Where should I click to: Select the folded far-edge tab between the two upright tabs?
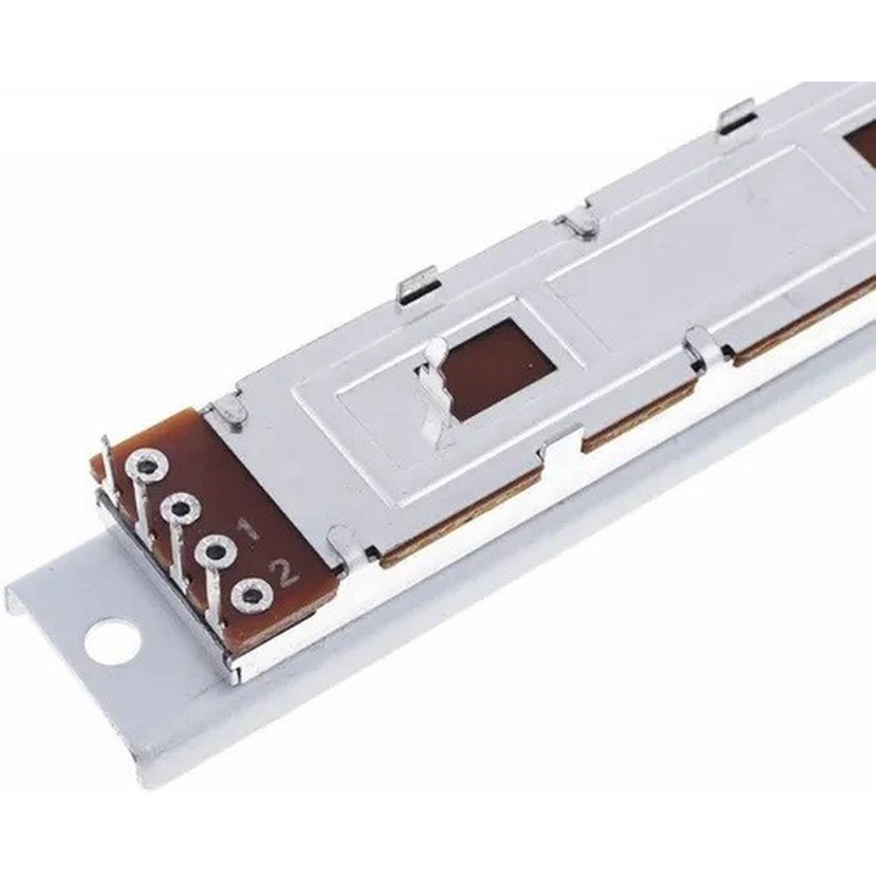tap(578, 224)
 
